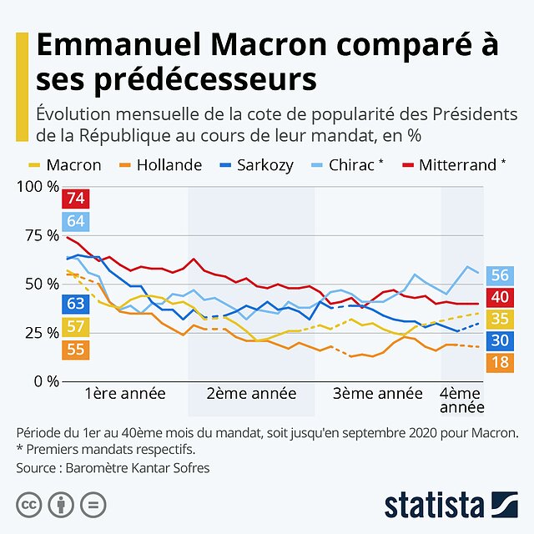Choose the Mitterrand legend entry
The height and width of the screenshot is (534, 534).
coord(454,164)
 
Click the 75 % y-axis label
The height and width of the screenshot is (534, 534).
coord(38,235)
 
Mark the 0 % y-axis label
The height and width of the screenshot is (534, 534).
coord(41,381)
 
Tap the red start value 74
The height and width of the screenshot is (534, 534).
coord(76,199)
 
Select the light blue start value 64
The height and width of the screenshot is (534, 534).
coord(76,221)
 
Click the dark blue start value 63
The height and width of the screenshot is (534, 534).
coord(75,304)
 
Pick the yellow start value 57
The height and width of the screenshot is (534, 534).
coord(75,326)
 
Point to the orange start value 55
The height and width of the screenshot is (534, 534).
coord(75,350)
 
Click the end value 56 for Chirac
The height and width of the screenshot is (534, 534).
coord(500,275)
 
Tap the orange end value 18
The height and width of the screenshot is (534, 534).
coord(500,362)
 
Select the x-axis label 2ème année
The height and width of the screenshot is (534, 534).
coord(251,393)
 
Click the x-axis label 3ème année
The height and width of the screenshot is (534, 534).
coord(377,393)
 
